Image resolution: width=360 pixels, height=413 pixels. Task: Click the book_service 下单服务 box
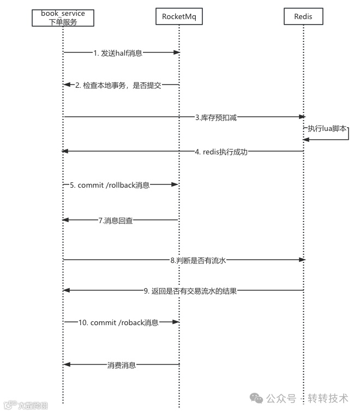coord(63,17)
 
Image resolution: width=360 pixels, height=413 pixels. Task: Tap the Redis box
coord(303,17)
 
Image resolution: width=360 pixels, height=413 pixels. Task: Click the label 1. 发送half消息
coord(118,52)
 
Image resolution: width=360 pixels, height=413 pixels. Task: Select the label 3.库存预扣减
coord(216,117)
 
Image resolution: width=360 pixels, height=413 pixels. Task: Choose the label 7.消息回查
coord(116,220)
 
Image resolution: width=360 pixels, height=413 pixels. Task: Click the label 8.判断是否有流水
coord(198,260)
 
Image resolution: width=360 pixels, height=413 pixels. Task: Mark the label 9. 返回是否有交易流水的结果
coord(190,291)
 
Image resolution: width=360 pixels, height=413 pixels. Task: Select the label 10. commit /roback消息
coord(118,322)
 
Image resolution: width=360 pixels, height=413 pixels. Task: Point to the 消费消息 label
coord(121,364)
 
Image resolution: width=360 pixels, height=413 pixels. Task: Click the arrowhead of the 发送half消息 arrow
coord(177,52)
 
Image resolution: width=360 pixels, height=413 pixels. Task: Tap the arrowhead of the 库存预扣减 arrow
coord(302,117)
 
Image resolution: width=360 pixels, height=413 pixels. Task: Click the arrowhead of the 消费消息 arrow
coord(67,364)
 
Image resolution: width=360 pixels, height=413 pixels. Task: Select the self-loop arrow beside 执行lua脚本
coord(348,134)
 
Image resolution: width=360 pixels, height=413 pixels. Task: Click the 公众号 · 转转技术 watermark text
coord(307,398)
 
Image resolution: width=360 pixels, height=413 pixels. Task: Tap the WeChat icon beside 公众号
coord(256,398)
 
